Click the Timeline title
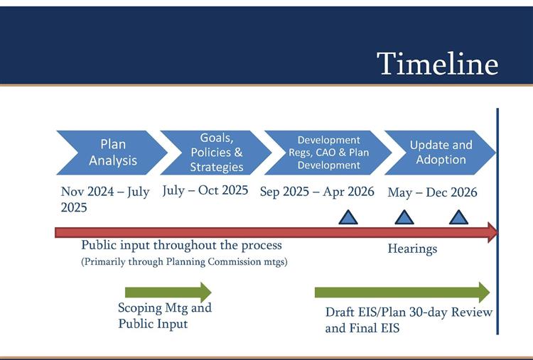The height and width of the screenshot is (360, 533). coord(437,63)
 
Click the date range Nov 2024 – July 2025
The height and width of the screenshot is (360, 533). coord(104,200)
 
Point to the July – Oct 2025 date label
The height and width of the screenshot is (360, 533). coord(205,191)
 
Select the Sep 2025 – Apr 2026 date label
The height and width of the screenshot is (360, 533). coord(318,192)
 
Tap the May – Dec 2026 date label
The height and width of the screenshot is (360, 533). coord(432,192)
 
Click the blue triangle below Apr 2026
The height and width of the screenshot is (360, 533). coord(348,217)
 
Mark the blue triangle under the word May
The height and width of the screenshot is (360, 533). coord(403,217)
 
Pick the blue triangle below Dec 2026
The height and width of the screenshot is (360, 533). coord(458,217)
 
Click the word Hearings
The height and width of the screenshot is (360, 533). coord(412,249)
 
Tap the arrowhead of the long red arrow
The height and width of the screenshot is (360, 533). coord(492,232)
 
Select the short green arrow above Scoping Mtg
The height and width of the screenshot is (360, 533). coord(168,292)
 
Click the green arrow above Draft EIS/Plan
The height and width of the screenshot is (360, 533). coord(402,292)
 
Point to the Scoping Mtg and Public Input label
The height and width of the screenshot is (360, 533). coord(164,316)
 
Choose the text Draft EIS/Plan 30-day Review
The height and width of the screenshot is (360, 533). coord(409,312)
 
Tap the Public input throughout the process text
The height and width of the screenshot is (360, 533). coord(181,246)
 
